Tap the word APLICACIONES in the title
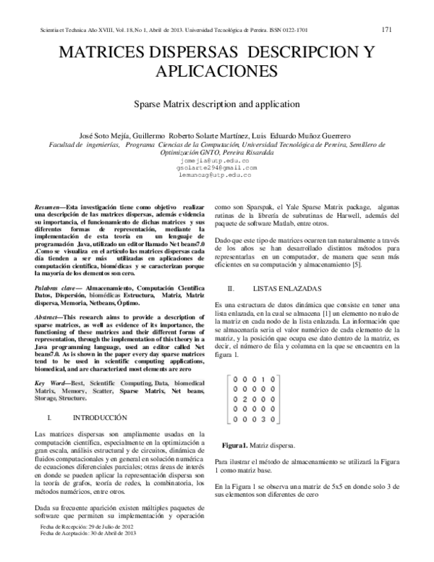point(217,71)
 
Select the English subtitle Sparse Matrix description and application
point(217,104)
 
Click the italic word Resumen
point(47,207)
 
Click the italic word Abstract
point(48,317)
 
